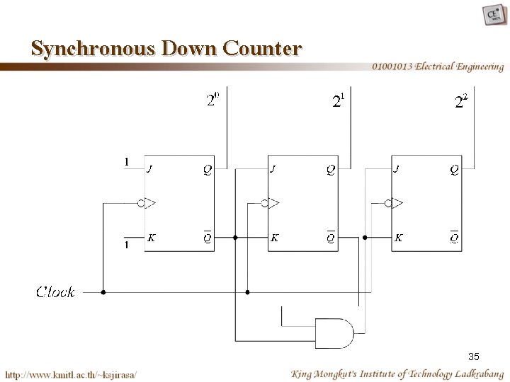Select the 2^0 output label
212,100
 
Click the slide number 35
473,355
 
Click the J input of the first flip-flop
149,169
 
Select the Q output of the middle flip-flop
331,169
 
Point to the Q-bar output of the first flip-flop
207,238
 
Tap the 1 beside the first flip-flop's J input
126,162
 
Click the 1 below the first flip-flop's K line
126,245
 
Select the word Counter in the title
261,49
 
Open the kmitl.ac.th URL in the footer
72,374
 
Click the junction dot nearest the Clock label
103,291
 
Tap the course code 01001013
392,67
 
